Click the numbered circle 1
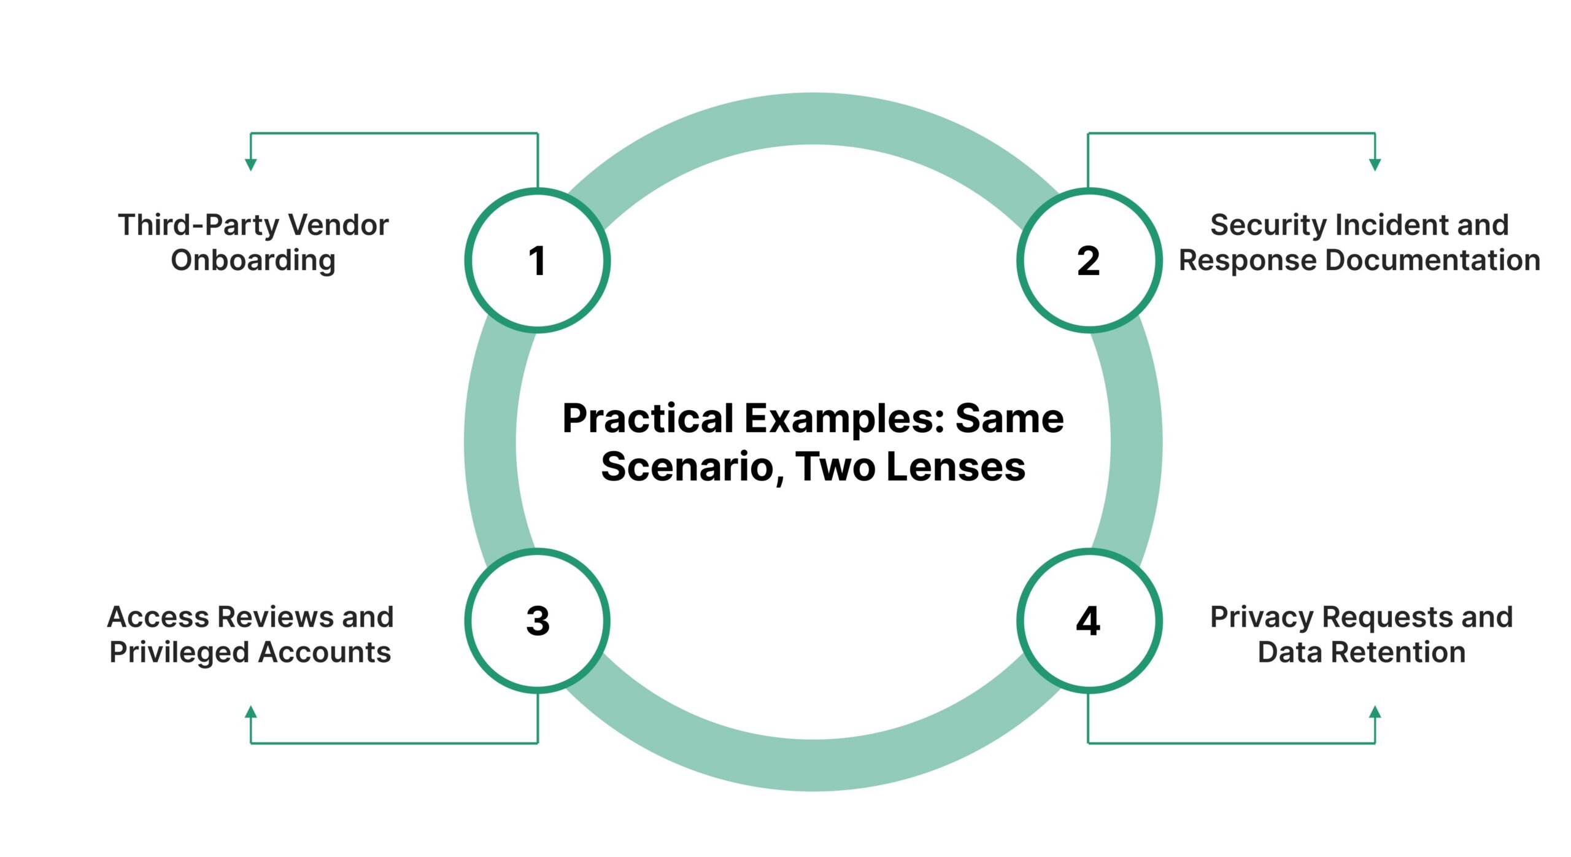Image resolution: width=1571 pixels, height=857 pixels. pos(537,260)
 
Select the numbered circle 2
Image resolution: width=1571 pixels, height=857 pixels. pos(1089,260)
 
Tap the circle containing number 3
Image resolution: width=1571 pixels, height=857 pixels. pos(537,620)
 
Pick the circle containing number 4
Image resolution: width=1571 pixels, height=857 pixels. pos(1089,620)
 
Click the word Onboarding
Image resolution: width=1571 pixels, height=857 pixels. pos(253,260)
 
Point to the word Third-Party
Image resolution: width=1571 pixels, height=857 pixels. pos(199,225)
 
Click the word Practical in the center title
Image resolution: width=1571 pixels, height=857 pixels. pos(647,419)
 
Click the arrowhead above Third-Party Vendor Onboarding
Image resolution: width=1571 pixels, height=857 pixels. pos(250,165)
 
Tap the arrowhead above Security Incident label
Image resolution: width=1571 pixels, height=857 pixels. pos(1375,165)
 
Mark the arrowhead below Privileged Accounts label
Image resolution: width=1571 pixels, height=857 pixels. pos(250,712)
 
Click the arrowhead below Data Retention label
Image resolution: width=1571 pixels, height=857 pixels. pos(1375,712)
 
